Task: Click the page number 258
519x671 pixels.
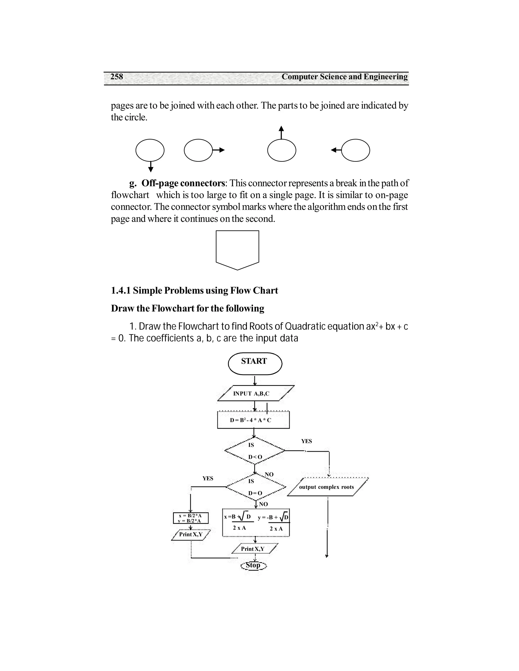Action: (x=117, y=76)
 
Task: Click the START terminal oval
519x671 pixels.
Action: (x=255, y=363)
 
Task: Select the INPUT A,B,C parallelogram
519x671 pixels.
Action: (x=255, y=393)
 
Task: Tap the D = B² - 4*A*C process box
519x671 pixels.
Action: (x=253, y=420)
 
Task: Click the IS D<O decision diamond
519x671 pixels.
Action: (x=255, y=451)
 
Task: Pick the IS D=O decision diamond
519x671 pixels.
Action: (x=255, y=487)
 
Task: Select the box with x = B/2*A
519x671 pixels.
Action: (x=191, y=518)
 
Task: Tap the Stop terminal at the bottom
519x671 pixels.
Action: (x=254, y=565)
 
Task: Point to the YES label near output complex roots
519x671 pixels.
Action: (x=306, y=441)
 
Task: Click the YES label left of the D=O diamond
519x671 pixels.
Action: (x=208, y=478)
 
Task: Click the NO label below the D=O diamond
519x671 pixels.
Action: (x=264, y=504)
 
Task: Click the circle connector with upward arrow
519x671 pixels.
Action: (x=282, y=150)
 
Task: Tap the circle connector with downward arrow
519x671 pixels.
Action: (x=150, y=150)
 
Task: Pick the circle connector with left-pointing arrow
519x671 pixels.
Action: (x=356, y=150)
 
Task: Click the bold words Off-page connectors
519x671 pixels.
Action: (x=183, y=183)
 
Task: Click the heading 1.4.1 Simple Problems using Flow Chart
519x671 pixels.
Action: (x=194, y=290)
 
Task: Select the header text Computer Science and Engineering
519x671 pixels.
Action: (x=344, y=76)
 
